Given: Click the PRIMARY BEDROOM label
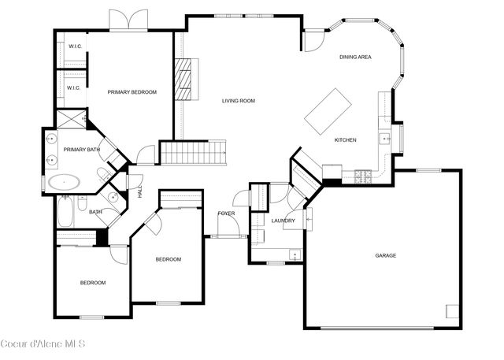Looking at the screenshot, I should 132,92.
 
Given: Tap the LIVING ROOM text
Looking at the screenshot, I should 238,101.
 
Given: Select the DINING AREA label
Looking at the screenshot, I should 355,57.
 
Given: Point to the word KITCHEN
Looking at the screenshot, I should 345,140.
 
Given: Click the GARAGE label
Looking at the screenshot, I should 385,255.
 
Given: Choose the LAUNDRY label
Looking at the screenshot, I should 283,221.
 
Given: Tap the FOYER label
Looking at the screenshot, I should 226,213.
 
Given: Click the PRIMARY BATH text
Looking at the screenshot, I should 81,150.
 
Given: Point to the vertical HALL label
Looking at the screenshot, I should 140,191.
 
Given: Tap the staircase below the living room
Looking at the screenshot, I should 193,152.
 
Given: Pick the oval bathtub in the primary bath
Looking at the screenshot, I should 63,183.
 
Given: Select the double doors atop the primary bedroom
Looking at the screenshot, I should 128,20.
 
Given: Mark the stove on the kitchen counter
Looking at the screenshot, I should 364,176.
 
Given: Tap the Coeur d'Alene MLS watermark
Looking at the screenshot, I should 43,343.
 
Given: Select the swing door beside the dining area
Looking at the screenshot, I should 313,40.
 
